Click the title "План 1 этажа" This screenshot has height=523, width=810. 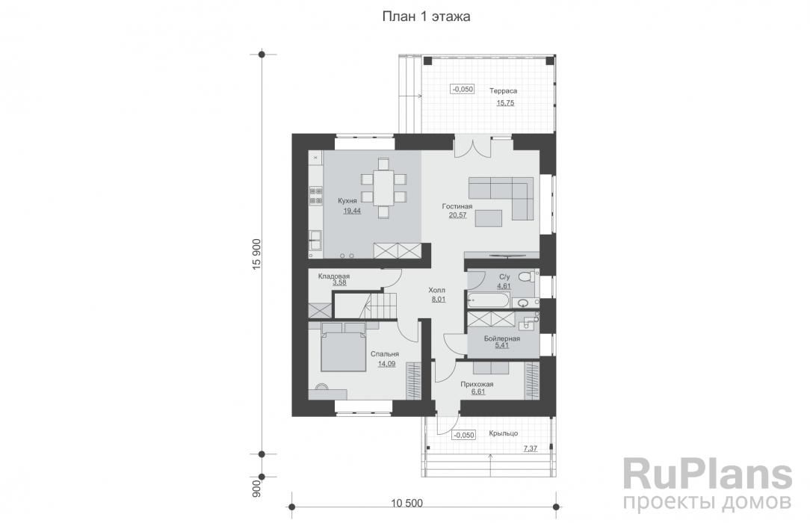click(x=426, y=17)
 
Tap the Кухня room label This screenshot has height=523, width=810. click(x=347, y=201)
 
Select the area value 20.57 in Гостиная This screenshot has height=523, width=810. click(x=458, y=215)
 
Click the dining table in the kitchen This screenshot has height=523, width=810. click(x=383, y=188)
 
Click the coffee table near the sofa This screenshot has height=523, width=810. click(x=489, y=218)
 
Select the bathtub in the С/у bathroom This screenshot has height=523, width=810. click(x=488, y=300)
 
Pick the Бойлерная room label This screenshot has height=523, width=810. click(x=501, y=338)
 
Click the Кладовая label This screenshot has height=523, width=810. click(x=334, y=276)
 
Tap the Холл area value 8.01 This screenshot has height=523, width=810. click(x=438, y=299)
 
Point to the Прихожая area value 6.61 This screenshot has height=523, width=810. click(x=477, y=392)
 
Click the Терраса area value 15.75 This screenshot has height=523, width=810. click(x=505, y=103)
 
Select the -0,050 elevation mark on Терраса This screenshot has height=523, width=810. click(x=463, y=90)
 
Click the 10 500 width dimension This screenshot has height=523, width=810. click(x=407, y=503)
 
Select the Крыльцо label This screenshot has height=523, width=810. click(x=504, y=433)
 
